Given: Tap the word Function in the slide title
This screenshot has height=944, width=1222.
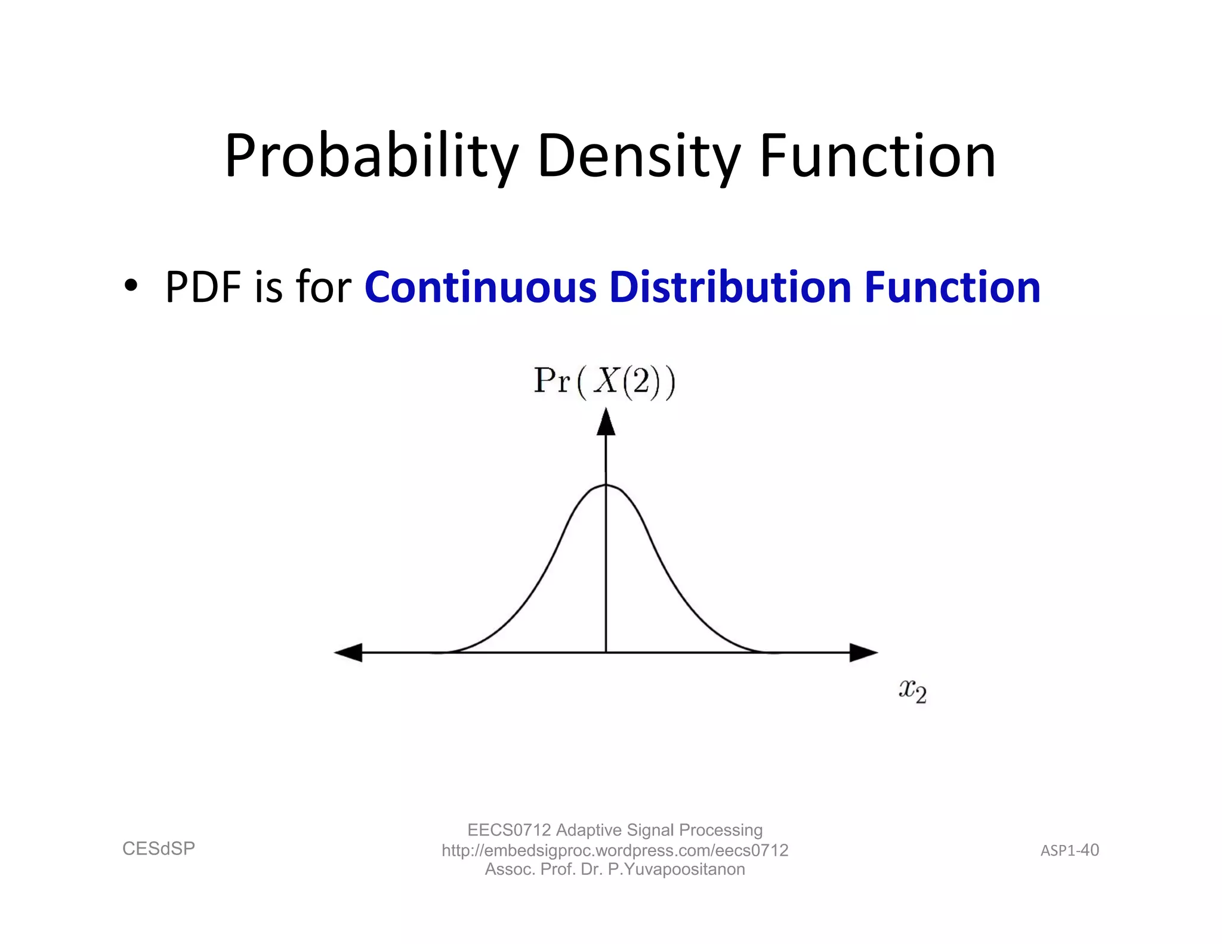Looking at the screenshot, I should click(877, 156).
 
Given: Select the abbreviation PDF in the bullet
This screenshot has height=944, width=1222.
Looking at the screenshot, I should click(203, 288).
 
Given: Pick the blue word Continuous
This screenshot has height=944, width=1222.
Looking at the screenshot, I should click(480, 288).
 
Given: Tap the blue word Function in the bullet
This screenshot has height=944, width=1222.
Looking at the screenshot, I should click(952, 288).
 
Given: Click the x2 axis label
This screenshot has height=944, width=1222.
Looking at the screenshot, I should click(912, 691).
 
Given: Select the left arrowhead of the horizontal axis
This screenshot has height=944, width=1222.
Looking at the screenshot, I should click(348, 652).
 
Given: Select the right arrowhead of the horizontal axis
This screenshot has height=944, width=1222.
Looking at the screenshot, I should click(863, 652).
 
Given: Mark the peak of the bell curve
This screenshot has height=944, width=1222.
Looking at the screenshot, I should click(606, 485).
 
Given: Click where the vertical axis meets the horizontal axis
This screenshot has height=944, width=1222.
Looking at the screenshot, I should click(606, 652).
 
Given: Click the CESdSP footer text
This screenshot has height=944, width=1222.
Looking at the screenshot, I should click(159, 849).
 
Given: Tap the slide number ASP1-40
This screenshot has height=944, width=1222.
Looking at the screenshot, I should click(1069, 850).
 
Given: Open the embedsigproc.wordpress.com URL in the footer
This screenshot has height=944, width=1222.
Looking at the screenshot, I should click(615, 850).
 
